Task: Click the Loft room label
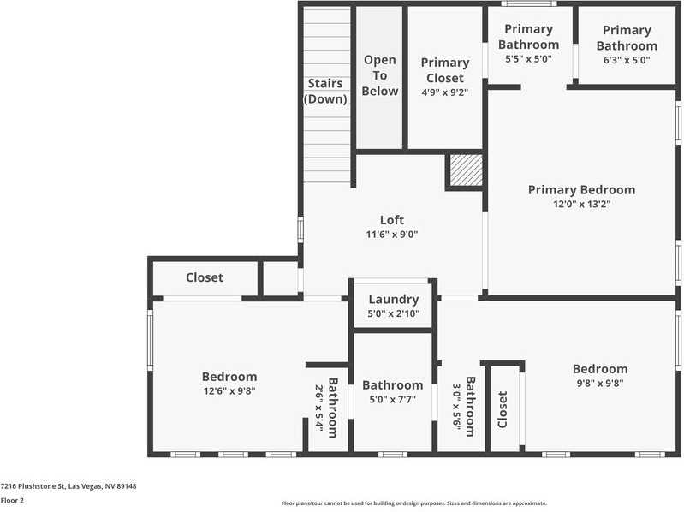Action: [391, 220]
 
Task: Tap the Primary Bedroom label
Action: [581, 190]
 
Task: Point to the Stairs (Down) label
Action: [325, 91]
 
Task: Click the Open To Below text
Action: [379, 75]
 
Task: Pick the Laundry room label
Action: [393, 300]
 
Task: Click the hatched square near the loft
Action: [466, 170]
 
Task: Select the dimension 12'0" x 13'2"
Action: [581, 205]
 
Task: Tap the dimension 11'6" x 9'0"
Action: [391, 235]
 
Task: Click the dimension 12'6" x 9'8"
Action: [229, 391]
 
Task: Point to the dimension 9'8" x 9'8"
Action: [599, 384]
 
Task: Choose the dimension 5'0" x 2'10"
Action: [393, 313]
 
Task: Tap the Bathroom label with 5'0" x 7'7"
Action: [392, 385]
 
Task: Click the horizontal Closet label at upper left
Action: [205, 277]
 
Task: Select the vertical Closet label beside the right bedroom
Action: [503, 409]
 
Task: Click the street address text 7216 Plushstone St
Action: [68, 486]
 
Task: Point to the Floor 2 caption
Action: [12, 500]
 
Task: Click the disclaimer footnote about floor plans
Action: [414, 503]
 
